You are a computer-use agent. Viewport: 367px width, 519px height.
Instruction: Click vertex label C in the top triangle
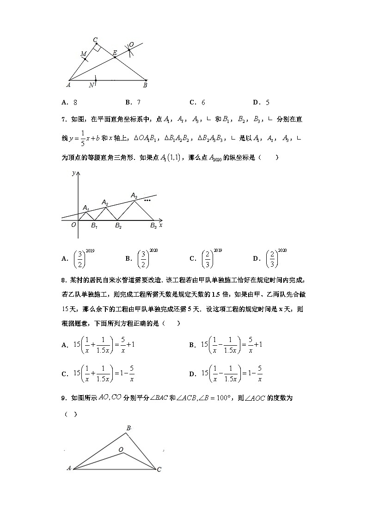coord(95,40)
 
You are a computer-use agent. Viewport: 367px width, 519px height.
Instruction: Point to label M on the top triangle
coord(83,54)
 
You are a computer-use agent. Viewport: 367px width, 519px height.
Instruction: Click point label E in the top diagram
coord(115,53)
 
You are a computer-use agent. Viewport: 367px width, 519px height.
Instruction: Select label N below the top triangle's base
coord(91,85)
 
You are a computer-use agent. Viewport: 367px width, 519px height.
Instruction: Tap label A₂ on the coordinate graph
coord(105,203)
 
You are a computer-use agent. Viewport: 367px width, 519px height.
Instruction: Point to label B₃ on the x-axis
coord(153,226)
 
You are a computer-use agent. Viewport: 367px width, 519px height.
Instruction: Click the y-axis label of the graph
coord(73,173)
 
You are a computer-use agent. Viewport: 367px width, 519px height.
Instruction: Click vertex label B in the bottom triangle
coord(129,428)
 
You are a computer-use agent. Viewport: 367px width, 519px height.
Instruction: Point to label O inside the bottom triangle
coord(121,449)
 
